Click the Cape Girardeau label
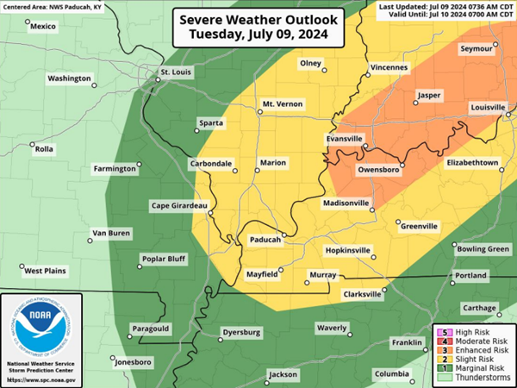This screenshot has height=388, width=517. [179, 205]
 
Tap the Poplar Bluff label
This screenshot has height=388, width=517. [164, 259]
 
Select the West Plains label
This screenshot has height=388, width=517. [45, 271]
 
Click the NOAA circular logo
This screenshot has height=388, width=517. [41, 329]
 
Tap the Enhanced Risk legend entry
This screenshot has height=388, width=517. [478, 352]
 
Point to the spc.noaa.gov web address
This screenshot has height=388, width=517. [41, 379]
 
